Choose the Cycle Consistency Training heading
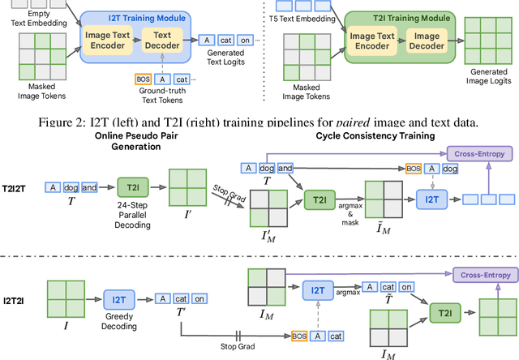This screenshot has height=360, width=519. click(x=375, y=135)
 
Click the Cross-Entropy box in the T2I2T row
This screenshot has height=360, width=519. click(x=480, y=153)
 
